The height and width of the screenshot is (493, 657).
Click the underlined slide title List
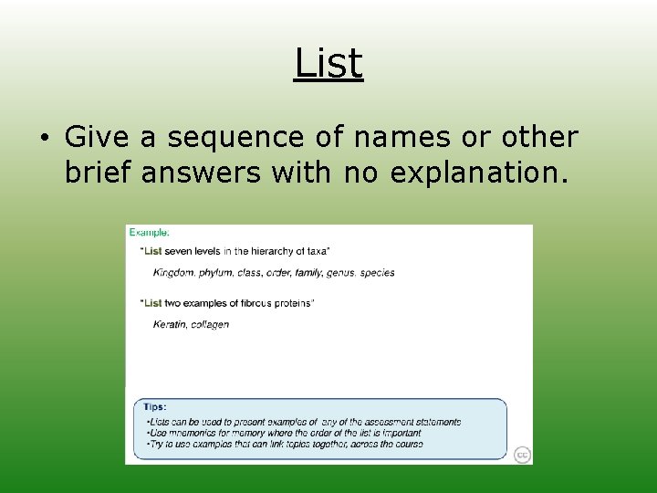click(328, 64)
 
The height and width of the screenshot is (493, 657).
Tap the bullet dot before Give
click(43, 139)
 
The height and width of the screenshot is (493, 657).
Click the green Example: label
click(149, 233)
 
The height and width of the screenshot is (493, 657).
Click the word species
click(377, 273)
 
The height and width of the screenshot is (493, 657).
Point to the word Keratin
click(170, 324)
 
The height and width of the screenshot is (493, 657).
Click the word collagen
click(210, 324)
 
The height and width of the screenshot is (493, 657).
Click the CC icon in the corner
click(522, 455)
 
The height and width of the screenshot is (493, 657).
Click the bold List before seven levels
click(152, 250)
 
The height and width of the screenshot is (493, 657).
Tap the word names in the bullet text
click(401, 138)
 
